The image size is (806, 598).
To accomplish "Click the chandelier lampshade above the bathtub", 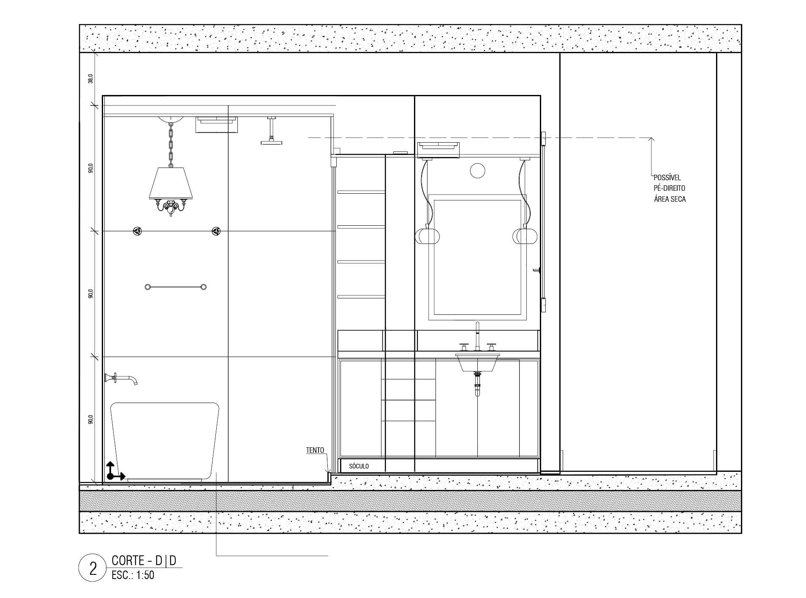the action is (x=171, y=183).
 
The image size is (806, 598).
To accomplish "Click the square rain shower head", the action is (x=270, y=143).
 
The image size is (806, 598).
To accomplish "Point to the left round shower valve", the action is (x=137, y=231).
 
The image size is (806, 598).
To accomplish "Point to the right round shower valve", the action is (x=215, y=231).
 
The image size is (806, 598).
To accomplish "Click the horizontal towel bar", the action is (x=175, y=287).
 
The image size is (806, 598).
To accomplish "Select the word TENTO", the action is (x=315, y=450).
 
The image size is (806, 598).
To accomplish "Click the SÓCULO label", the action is (x=359, y=466).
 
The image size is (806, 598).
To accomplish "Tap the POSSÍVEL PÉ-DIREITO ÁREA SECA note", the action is (x=670, y=188).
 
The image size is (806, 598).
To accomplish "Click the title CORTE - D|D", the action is (x=144, y=560).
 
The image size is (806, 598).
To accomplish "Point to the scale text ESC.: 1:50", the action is (x=133, y=575).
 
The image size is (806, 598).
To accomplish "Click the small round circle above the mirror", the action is (x=477, y=170).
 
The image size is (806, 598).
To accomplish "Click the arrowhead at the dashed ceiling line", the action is (x=651, y=140).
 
